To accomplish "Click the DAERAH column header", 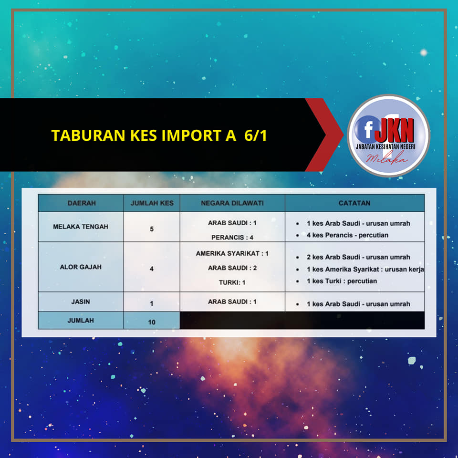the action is click(82, 203).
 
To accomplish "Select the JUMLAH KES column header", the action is click(152, 203).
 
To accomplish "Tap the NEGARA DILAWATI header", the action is click(232, 203).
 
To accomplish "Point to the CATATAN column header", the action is click(354, 203).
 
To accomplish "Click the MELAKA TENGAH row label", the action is click(81, 227).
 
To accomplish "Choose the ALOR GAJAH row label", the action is click(81, 267).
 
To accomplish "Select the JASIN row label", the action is click(81, 302).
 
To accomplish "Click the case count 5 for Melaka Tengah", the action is click(152, 229).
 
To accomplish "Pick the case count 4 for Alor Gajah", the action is click(152, 269).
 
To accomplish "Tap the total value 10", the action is click(152, 322).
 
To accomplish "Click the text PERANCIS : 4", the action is click(232, 238).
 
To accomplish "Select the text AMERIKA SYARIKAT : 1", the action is click(232, 253).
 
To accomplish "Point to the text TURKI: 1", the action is click(232, 282).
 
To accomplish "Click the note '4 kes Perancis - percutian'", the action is click(347, 235).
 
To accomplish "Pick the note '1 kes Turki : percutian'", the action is click(342, 281).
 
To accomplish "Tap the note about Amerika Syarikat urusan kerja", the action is click(365, 269).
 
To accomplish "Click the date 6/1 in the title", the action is click(256, 135).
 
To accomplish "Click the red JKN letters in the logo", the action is click(394, 130).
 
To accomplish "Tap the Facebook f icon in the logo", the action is click(368, 129).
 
